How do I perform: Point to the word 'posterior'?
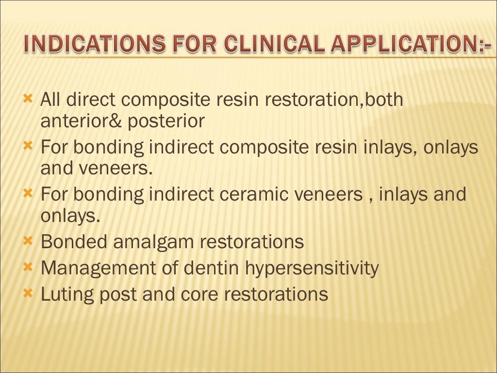[x=166, y=121]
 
